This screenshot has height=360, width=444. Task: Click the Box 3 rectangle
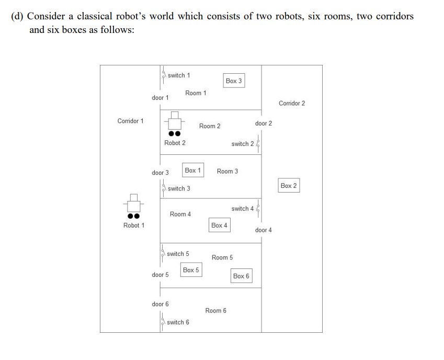click(234, 81)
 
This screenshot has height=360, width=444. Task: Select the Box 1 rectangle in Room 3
click(192, 171)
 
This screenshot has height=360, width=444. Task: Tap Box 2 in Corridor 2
click(289, 186)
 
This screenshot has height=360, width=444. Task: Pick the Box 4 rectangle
click(219, 226)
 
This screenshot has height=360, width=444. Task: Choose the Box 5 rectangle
click(191, 270)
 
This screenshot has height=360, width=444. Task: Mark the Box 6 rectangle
click(241, 276)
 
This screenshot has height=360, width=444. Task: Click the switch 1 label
click(179, 75)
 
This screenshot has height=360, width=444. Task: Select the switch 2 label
click(243, 144)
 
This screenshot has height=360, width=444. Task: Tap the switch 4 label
click(243, 209)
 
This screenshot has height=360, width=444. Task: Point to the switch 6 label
click(178, 322)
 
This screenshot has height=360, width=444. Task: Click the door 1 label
click(160, 98)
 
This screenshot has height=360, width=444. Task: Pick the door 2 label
click(264, 123)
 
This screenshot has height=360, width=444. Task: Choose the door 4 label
click(264, 230)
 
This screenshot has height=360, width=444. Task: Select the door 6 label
click(160, 304)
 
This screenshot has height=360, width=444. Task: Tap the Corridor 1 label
click(131, 121)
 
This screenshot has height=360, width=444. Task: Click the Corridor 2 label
click(292, 103)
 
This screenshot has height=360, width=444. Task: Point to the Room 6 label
click(216, 311)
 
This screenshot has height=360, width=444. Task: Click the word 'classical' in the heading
click(88, 16)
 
